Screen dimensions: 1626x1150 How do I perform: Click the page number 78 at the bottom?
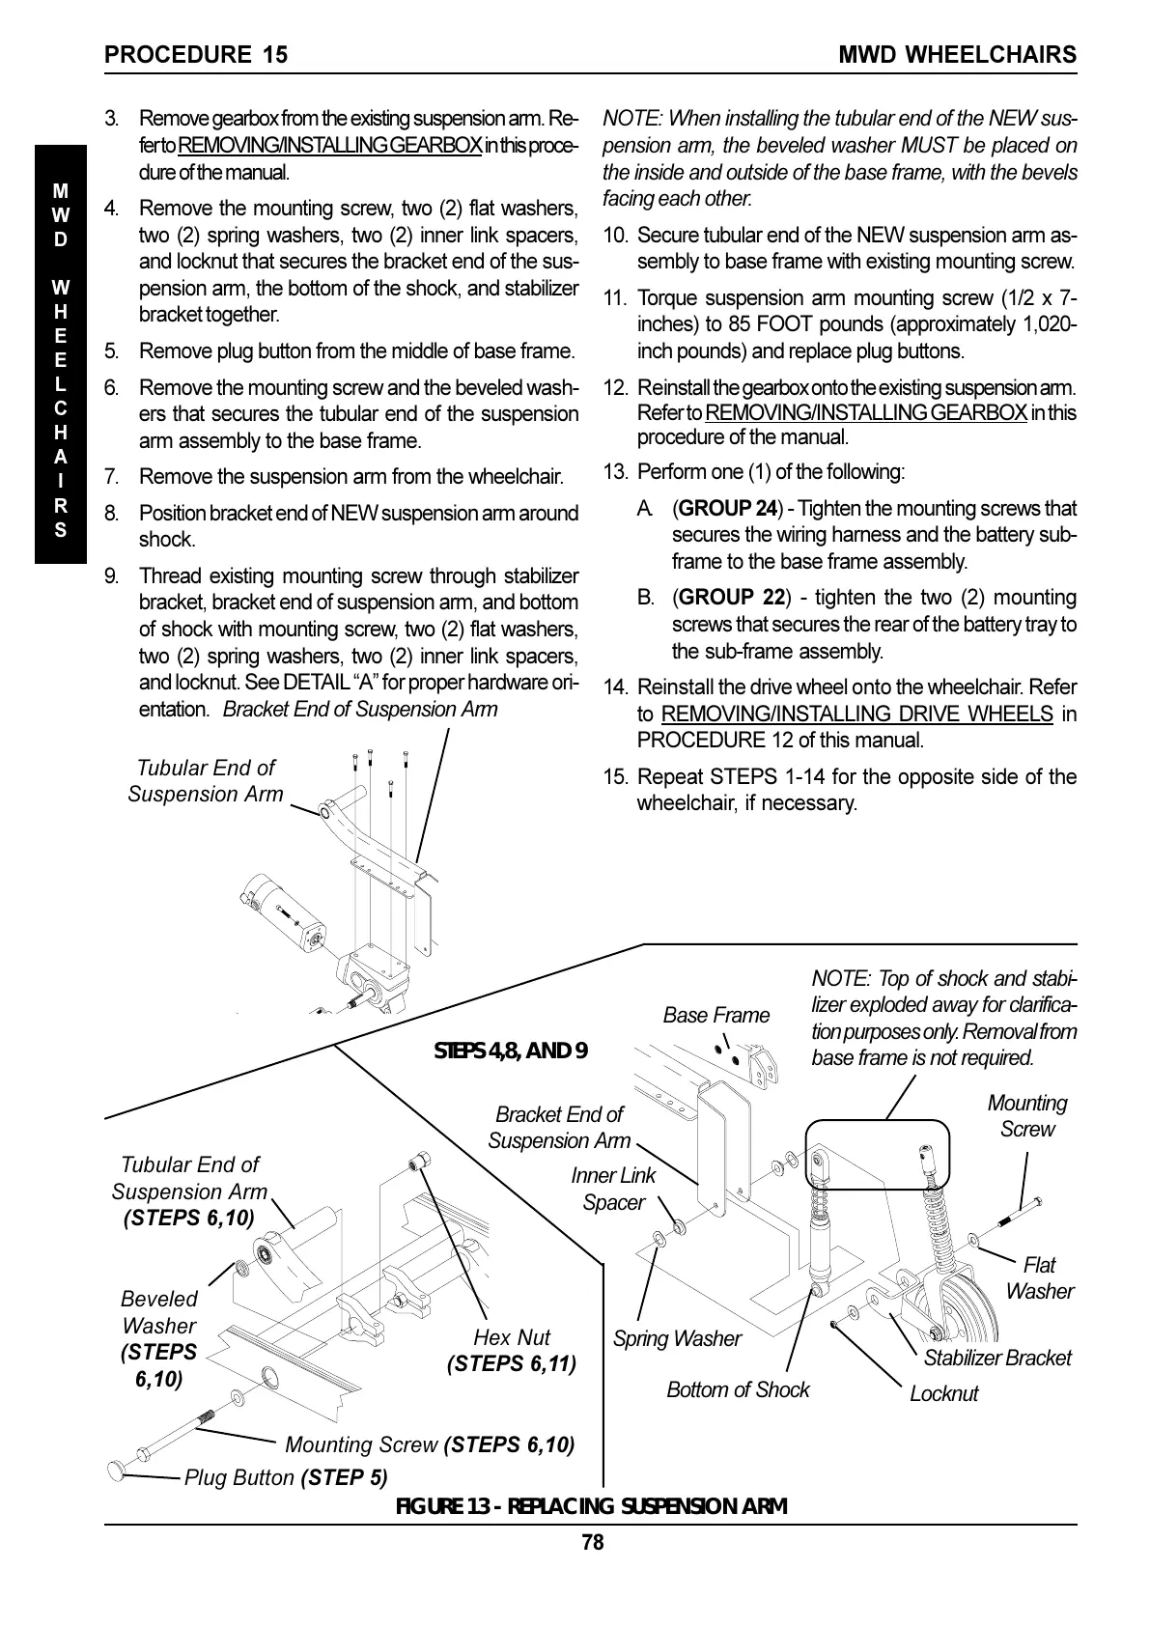[592, 1543]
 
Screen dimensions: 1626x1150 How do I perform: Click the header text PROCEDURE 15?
[196, 54]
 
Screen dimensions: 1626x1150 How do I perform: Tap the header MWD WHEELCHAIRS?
[957, 54]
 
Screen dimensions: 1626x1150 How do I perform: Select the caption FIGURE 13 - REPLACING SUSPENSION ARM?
[592, 1506]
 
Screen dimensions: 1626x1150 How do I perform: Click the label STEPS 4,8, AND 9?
[511, 1051]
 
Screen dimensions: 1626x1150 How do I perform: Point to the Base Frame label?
[715, 1015]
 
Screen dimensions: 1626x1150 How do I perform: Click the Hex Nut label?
[512, 1337]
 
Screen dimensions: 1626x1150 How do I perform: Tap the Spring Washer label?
[677, 1338]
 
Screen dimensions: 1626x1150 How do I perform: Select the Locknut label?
[943, 1393]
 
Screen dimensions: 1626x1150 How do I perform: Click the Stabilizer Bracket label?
[997, 1358]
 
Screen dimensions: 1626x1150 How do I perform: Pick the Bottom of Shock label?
[738, 1389]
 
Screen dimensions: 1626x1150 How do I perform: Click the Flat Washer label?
[1039, 1277]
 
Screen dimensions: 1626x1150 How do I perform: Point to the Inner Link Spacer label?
[613, 1189]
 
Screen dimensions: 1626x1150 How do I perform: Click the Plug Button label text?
[238, 1477]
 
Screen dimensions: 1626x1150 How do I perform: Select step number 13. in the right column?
[616, 472]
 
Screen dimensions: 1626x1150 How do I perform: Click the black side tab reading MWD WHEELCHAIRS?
[61, 354]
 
